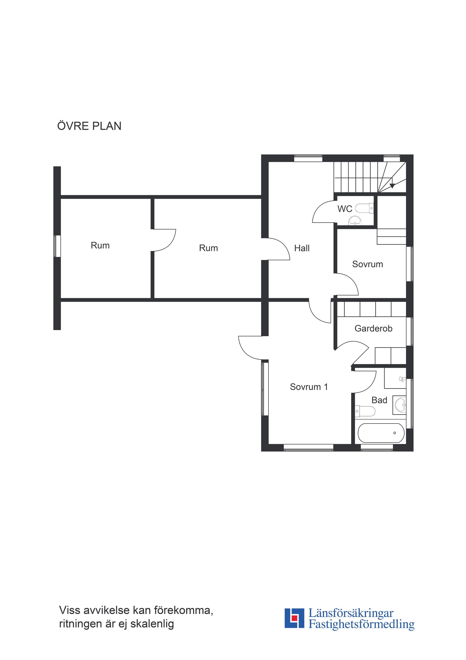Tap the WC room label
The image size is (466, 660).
point(345,209)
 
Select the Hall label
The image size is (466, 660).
point(302,248)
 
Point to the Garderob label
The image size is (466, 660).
point(373,328)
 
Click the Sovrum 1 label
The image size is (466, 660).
point(309,387)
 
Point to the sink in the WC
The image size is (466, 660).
point(355,221)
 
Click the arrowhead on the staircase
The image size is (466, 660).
point(392,186)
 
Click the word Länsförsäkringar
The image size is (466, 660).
point(351,613)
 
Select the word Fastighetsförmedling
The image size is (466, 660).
point(361,624)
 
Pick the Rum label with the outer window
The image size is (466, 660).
point(100,245)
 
